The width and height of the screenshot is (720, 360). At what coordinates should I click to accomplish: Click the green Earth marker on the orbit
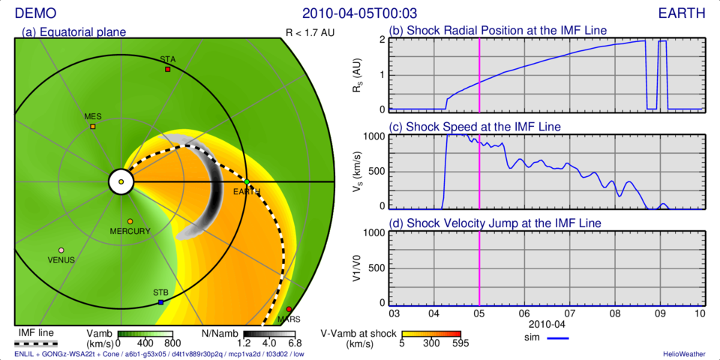pos(247,181)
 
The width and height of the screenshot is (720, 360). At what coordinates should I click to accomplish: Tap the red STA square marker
pos(168,69)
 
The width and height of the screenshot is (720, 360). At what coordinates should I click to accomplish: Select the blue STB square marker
pos(160,302)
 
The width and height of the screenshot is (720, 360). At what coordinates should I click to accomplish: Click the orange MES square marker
pos(93,127)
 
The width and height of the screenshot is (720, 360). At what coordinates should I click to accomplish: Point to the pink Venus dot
pos(61,250)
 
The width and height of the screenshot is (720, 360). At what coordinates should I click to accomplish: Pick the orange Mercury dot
pos(130,222)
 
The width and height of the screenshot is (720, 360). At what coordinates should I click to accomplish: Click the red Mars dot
pos(289,309)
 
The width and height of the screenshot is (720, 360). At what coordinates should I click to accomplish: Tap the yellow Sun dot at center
pos(121,181)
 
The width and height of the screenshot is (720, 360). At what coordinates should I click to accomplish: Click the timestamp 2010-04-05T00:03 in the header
pos(359,13)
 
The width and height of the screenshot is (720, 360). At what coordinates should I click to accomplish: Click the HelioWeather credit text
pos(683,353)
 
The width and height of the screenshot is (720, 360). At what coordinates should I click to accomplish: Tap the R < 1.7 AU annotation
pos(310,32)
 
